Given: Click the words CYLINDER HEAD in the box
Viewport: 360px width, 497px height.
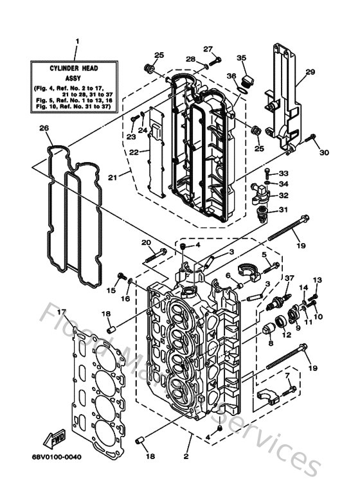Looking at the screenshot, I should [76, 67].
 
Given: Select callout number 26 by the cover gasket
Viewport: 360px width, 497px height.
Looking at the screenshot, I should [43, 128].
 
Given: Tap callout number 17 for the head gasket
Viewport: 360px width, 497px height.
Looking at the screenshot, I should [61, 312].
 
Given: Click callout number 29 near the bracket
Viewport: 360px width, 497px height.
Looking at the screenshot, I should [310, 72].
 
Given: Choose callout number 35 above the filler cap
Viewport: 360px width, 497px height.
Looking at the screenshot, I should [242, 59].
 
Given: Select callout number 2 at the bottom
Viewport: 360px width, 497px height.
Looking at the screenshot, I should [186, 457].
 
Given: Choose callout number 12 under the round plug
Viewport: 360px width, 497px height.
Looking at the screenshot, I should [286, 334].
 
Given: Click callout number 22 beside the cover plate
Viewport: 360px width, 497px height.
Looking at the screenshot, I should [133, 152].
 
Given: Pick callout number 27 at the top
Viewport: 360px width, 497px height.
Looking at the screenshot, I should [208, 49].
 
